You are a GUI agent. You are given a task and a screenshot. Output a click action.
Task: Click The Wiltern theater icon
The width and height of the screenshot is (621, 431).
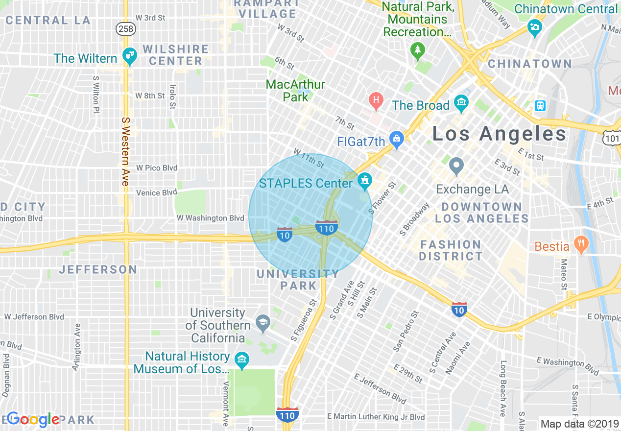click(130, 57)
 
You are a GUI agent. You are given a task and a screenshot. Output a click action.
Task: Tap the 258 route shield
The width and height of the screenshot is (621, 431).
click(125, 29)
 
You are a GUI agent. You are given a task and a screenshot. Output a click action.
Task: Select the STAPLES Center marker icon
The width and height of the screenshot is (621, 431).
click(364, 182)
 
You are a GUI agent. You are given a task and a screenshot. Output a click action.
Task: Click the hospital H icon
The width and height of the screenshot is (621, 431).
click(376, 101)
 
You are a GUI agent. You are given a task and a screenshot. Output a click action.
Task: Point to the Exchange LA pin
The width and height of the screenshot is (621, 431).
click(456, 167)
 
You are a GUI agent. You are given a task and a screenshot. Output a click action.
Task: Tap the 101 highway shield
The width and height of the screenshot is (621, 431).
click(611, 139)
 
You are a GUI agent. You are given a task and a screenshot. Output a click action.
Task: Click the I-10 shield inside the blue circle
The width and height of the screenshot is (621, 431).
click(285, 234)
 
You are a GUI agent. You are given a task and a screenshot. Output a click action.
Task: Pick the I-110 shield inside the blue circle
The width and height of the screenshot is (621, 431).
click(327, 227)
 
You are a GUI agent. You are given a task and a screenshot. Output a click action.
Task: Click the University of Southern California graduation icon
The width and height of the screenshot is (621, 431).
click(263, 323)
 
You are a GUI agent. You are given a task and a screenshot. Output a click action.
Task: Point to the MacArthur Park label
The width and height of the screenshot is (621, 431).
click(295, 91)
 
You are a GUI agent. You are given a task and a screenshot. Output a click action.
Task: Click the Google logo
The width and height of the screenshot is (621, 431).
click(33, 419)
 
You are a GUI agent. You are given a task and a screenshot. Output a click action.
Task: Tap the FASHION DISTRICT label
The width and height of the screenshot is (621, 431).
click(451, 250)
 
